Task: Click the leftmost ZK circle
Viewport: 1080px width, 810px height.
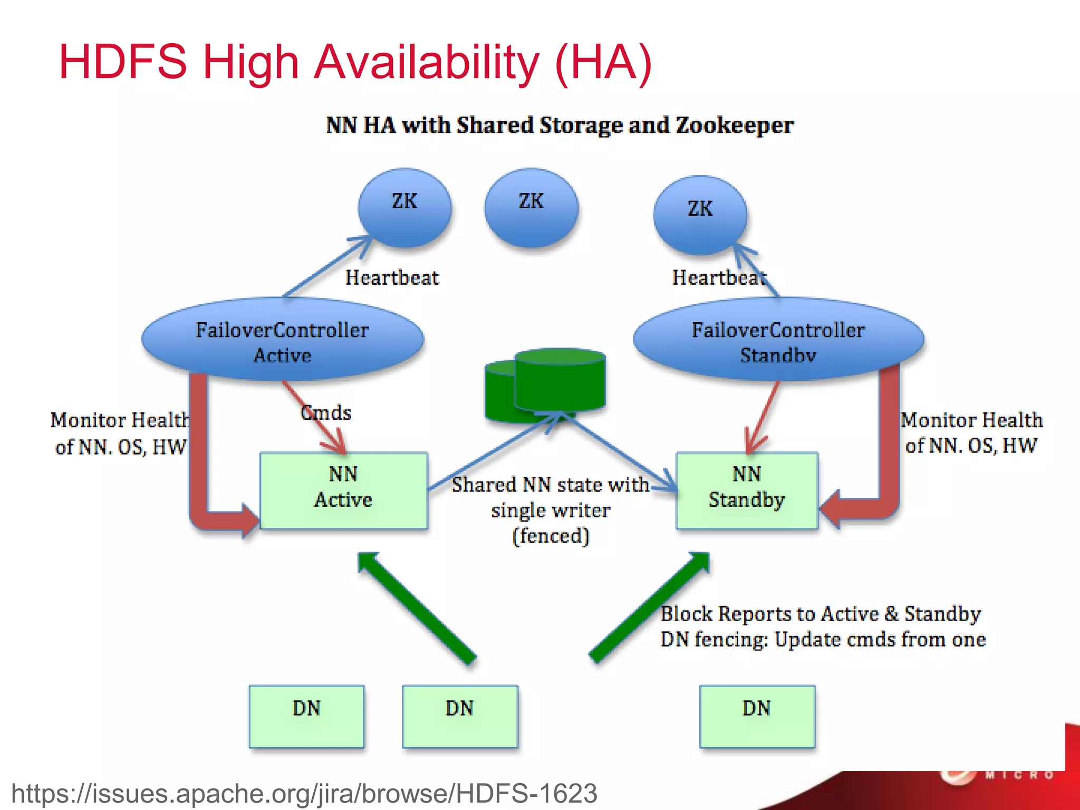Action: click(404, 208)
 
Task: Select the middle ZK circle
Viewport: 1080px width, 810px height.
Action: click(531, 208)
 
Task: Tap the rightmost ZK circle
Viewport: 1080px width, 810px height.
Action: click(700, 215)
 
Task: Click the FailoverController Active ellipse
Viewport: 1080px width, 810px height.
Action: click(283, 340)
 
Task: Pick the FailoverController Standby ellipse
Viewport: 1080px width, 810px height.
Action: click(778, 340)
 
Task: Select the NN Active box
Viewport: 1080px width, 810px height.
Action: click(343, 490)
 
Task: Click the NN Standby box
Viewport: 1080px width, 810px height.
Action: click(747, 490)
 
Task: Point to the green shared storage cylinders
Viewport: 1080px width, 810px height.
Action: click(545, 385)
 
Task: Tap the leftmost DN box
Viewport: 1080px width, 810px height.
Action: click(306, 716)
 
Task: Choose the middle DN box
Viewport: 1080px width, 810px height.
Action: click(460, 716)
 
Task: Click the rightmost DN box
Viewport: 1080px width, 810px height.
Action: click(757, 716)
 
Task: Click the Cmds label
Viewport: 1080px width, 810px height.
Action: click(326, 412)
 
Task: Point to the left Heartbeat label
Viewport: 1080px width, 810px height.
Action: click(392, 278)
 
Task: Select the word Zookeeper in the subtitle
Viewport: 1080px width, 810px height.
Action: click(734, 126)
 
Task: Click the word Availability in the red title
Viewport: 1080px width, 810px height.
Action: click(427, 62)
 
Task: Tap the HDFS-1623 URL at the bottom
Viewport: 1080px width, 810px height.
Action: click(304, 793)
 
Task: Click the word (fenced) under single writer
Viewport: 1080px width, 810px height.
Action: click(551, 536)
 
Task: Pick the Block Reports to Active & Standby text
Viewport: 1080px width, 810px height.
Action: click(821, 614)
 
